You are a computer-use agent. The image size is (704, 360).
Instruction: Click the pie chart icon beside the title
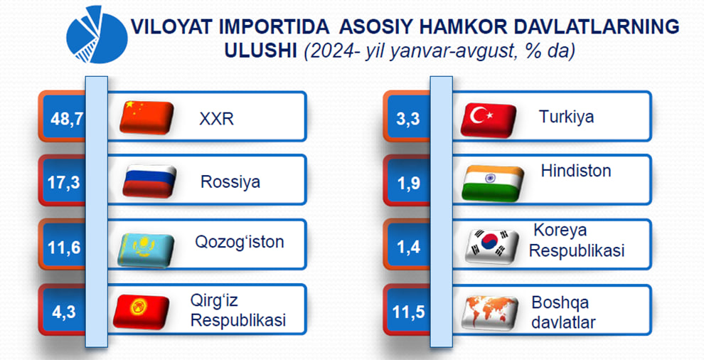click(97, 35)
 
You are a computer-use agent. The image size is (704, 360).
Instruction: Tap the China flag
click(146, 117)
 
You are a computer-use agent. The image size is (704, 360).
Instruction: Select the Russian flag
click(149, 181)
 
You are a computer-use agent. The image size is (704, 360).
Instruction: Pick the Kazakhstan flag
click(146, 250)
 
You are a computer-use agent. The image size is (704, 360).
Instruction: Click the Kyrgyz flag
click(141, 312)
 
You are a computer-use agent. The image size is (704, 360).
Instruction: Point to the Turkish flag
click(489, 120)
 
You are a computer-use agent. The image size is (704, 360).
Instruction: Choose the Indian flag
click(493, 183)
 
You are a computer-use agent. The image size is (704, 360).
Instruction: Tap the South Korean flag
click(492, 246)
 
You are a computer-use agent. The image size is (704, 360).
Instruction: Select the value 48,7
click(67, 119)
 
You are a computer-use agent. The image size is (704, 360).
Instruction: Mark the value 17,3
click(64, 182)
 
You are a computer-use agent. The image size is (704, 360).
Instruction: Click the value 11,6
click(64, 248)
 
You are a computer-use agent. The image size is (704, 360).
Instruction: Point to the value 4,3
click(64, 312)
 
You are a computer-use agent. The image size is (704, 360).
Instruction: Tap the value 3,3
click(408, 119)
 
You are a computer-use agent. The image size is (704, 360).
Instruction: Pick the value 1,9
click(409, 182)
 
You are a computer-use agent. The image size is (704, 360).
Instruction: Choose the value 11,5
click(409, 312)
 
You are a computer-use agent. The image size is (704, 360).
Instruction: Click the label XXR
click(216, 119)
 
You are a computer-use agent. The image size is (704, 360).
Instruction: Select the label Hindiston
click(576, 171)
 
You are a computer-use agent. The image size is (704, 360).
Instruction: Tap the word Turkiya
click(566, 117)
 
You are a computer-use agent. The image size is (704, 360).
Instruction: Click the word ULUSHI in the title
click(260, 51)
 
